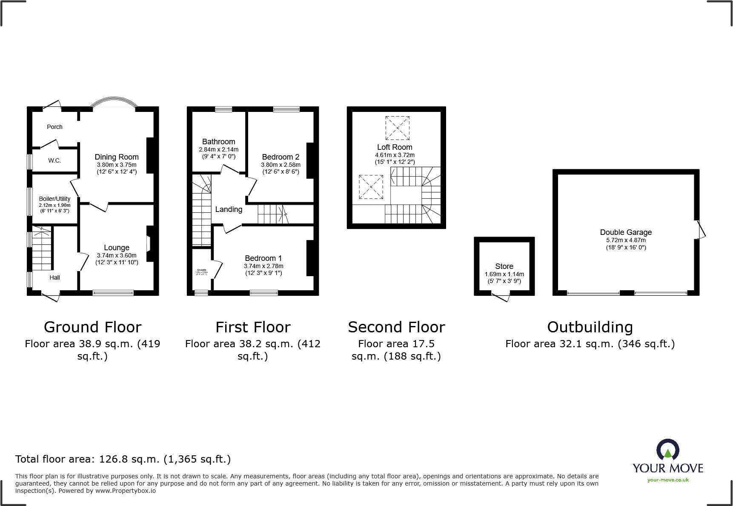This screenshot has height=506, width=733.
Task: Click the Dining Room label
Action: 116,157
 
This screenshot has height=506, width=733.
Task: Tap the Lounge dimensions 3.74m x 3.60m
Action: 117,255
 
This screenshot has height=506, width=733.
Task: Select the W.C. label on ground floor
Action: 54,160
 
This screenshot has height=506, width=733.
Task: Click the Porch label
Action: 54,127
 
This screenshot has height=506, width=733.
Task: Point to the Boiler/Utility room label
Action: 54,199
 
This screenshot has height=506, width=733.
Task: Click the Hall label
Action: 54,277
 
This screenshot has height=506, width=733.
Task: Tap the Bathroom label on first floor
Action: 218,142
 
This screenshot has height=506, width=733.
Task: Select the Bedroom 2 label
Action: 281,157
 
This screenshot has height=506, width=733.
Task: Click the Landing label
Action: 229,209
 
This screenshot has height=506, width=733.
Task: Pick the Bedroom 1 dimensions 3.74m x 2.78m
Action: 263,266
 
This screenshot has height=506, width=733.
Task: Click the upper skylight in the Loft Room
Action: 397,128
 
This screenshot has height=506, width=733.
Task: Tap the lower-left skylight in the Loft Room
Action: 371,187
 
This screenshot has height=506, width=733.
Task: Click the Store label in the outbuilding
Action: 504,266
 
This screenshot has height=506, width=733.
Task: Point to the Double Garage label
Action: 626,232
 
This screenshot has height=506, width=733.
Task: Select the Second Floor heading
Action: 396,327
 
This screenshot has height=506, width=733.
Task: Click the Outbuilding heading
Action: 590,327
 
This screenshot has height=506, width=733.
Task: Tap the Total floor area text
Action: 123,459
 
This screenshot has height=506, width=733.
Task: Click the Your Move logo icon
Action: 667,450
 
